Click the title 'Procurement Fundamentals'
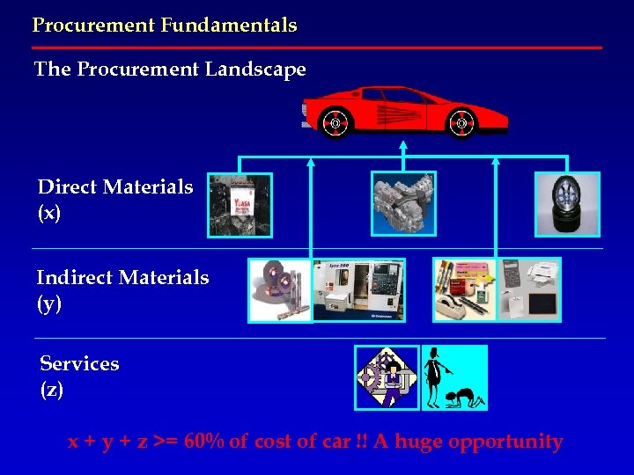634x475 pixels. click(165, 26)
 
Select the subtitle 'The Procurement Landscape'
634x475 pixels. click(170, 69)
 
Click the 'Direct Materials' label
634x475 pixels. click(115, 187)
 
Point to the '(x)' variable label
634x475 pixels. click(49, 214)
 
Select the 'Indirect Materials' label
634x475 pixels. click(122, 278)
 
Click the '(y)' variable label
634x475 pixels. click(49, 304)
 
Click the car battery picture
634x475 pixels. click(240, 205)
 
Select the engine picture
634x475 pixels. click(403, 204)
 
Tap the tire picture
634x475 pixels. click(567, 204)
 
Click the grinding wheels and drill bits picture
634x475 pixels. click(280, 290)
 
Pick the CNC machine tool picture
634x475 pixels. click(359, 290)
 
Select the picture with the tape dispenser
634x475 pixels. click(464, 290)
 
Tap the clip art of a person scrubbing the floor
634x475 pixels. click(454, 378)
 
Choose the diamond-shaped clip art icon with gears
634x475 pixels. click(387, 378)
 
